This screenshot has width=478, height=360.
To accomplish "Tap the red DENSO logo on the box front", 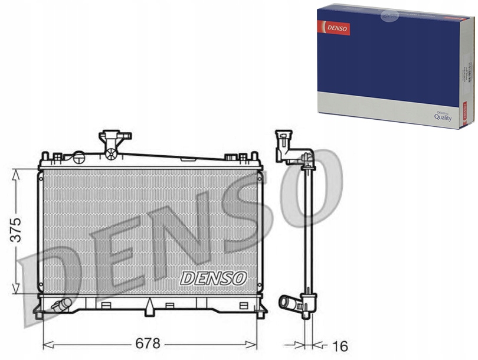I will pyautogui.click(x=334, y=27).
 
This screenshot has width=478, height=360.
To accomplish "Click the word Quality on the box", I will pyautogui.click(x=443, y=117).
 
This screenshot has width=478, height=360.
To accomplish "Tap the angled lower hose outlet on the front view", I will pyautogui.click(x=61, y=305).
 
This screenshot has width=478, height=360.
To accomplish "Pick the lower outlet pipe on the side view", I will pyautogui.click(x=290, y=303).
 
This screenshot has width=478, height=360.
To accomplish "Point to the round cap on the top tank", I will pyautogui.click(x=78, y=157).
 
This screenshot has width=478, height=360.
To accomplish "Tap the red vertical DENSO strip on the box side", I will pyautogui.click(x=464, y=112).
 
